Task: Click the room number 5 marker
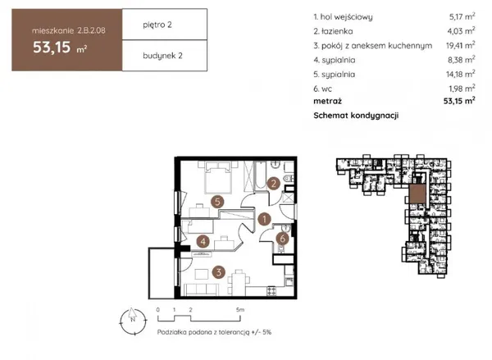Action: [x=217, y=202]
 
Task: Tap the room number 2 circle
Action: [x=274, y=184]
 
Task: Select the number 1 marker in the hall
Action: [x=265, y=219]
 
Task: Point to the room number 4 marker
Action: [x=203, y=242]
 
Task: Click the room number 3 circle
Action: [x=219, y=271]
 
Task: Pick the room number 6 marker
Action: [x=282, y=239]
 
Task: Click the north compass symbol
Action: [x=133, y=321]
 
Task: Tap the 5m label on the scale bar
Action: [x=240, y=309]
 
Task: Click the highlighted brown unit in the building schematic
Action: [x=417, y=193]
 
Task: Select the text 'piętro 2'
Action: [x=157, y=25]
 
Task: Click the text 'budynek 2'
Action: [x=162, y=56]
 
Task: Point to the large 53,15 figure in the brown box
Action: [x=52, y=47]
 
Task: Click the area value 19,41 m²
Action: [x=460, y=45]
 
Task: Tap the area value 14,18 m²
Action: [x=460, y=74]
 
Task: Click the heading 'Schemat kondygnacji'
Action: [x=356, y=116]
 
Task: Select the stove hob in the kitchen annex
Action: [x=271, y=290]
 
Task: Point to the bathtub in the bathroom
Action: [x=260, y=175]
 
